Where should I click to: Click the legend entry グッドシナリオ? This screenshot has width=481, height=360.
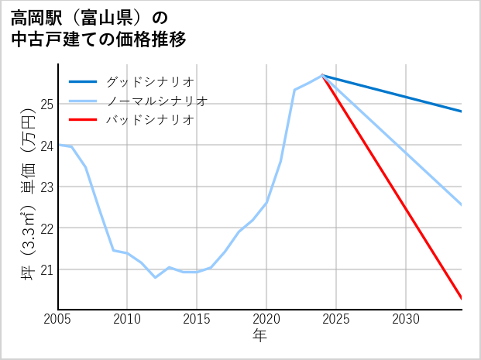[150, 81]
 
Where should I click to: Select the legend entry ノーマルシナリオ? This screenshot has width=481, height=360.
[156, 101]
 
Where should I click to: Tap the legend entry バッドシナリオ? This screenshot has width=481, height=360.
[150, 120]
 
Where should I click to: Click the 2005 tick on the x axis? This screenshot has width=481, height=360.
[58, 319]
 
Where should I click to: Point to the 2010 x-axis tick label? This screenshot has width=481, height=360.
[127, 319]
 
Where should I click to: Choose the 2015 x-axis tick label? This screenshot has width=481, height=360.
[197, 319]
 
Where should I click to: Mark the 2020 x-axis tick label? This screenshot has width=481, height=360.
[266, 319]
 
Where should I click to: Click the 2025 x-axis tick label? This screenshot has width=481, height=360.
[336, 319]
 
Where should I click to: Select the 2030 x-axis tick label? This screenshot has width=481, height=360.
[406, 319]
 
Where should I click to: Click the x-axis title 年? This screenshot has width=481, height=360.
[259, 335]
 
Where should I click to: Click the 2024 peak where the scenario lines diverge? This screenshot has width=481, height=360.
[322, 75]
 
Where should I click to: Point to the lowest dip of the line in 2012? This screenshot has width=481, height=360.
[155, 277]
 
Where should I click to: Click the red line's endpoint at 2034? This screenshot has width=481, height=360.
[462, 298]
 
